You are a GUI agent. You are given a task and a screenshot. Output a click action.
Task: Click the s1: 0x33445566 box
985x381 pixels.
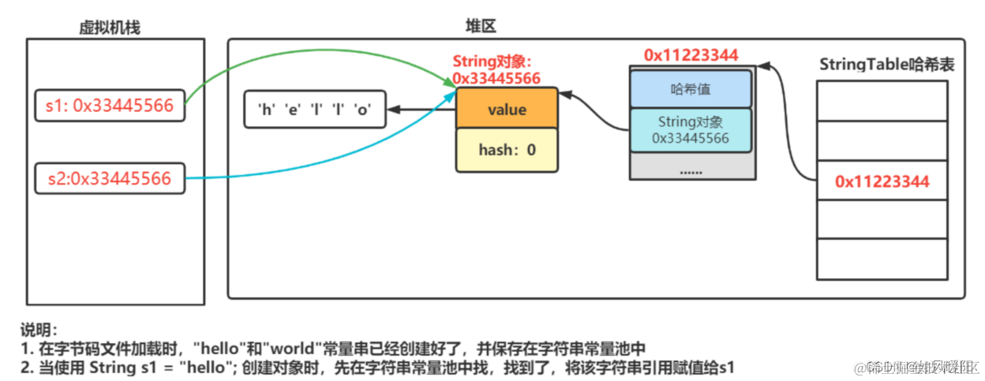110,106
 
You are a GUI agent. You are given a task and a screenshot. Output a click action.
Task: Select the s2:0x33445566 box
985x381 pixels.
110,179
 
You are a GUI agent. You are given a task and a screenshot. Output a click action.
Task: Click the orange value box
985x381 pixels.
507,110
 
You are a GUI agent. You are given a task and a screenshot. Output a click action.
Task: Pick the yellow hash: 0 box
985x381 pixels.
507,149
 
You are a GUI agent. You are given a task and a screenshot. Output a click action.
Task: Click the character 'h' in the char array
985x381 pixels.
264,110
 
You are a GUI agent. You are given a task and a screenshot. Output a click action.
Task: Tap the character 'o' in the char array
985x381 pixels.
363,110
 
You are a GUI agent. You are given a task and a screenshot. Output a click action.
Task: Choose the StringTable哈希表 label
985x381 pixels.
886,64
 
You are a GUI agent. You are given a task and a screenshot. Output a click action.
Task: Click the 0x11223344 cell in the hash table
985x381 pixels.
882,181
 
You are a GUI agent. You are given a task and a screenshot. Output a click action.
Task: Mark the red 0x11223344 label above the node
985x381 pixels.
691,54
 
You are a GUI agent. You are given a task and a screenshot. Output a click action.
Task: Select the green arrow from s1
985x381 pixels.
316,56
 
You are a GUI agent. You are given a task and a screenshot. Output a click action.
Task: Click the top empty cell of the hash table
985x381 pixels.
882,100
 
